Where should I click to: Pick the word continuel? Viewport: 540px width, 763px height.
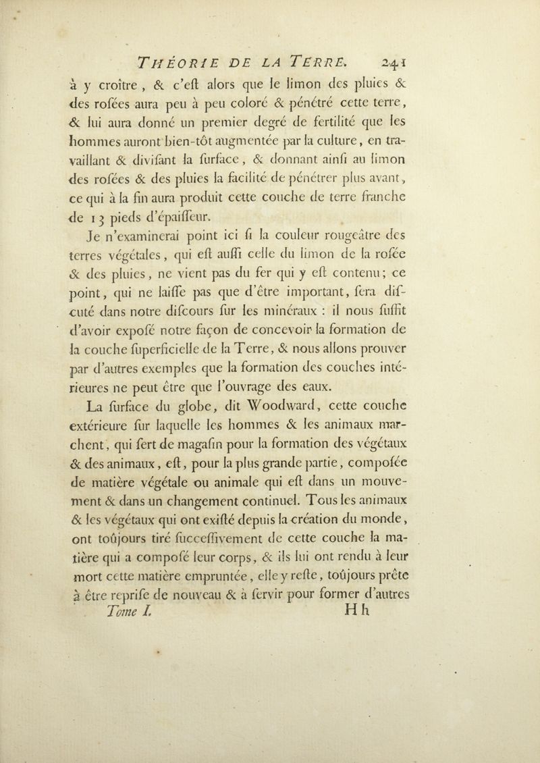coord(329,579)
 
